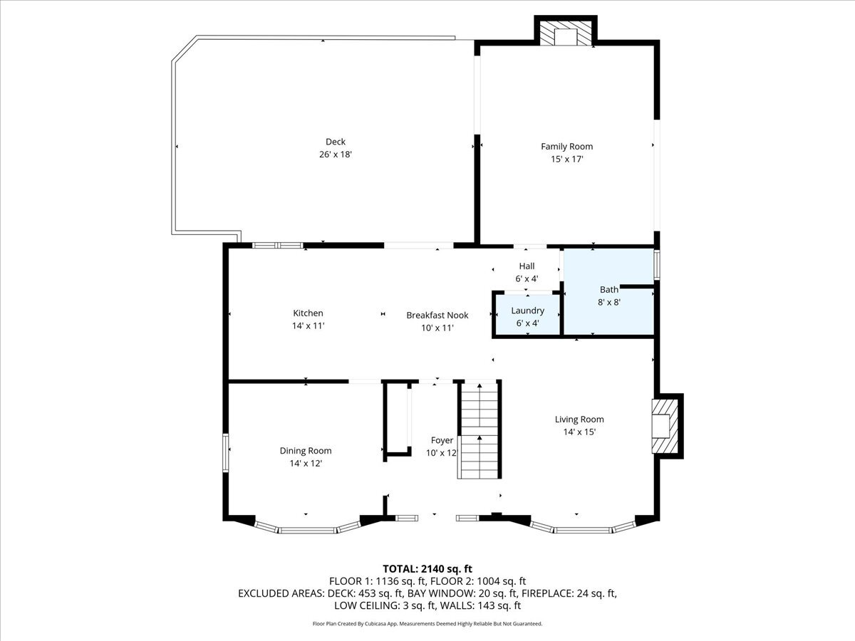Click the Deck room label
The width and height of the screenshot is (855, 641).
pyautogui.click(x=335, y=142)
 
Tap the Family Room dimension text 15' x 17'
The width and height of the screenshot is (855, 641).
pyautogui.click(x=566, y=160)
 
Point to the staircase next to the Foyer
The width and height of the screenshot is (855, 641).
pyautogui.click(x=479, y=431)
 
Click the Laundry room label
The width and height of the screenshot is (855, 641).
pyautogui.click(x=527, y=311)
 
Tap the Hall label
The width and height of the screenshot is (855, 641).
pyautogui.click(x=527, y=266)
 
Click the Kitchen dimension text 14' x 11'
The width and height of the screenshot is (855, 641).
pyautogui.click(x=309, y=325)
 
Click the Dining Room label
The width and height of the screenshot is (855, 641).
pyautogui.click(x=305, y=450)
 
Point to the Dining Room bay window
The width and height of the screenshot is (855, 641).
pyautogui.click(x=308, y=528)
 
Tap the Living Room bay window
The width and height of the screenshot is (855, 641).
pyautogui.click(x=583, y=528)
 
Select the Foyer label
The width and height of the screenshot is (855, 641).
pyautogui.click(x=442, y=440)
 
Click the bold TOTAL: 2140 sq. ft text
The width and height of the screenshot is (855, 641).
pyautogui.click(x=427, y=568)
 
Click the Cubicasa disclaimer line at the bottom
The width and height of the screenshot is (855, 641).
pyautogui.click(x=427, y=623)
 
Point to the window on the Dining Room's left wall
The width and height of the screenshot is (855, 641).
pyautogui.click(x=226, y=453)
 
